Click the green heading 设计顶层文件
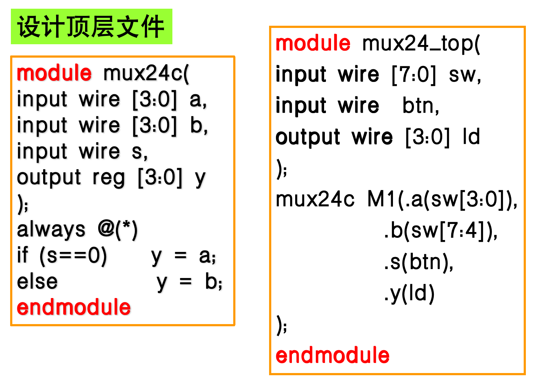[91, 27]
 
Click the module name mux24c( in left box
[146, 73]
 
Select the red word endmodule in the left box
[74, 307]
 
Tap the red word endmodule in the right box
[332, 355]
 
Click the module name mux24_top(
[421, 44]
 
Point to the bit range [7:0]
[414, 75]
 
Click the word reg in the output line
[109, 178]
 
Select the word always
[51, 229]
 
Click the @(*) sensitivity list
[118, 229]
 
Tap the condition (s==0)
[73, 256]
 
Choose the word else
[37, 282]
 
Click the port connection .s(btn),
[418, 262]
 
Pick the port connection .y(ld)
[409, 293]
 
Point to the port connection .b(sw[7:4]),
[440, 231]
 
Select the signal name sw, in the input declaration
[465, 75]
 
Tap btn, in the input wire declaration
[420, 106]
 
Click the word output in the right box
[308, 137]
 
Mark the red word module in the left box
[54, 73]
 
